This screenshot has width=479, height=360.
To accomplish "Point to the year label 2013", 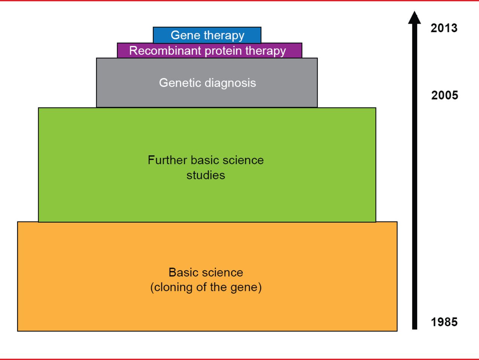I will (444, 28).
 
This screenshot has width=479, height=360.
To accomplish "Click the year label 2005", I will (445, 95).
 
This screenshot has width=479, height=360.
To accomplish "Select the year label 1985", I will (444, 322).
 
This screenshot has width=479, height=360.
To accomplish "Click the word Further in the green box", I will (167, 160).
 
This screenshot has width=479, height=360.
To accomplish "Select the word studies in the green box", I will (205, 175).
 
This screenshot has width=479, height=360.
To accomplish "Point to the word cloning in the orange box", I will (171, 287).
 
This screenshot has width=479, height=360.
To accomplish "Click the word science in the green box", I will (244, 160).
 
